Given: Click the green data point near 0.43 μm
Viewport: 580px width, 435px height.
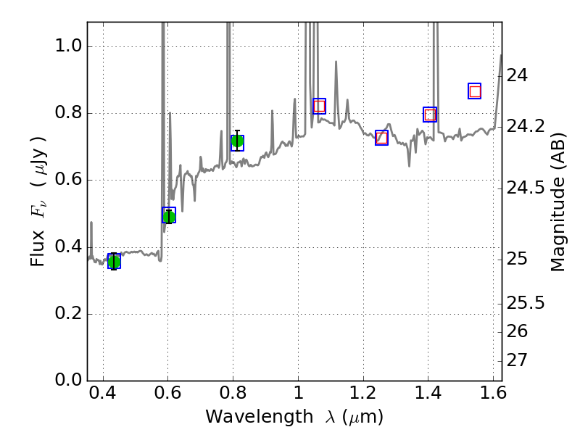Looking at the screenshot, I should click(x=114, y=262).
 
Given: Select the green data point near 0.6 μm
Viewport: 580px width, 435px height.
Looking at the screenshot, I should click(x=169, y=215).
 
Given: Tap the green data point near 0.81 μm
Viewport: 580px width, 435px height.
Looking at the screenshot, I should click(x=237, y=141).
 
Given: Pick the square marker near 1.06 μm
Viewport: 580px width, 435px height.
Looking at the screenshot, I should click(x=319, y=106).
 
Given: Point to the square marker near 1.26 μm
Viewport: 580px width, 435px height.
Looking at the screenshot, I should click(x=382, y=138).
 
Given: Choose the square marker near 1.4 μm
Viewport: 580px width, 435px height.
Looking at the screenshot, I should click(x=430, y=115).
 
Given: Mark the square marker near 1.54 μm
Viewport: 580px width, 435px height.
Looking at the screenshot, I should click(x=475, y=91).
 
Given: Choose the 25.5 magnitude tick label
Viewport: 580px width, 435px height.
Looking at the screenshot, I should click(x=526, y=302).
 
